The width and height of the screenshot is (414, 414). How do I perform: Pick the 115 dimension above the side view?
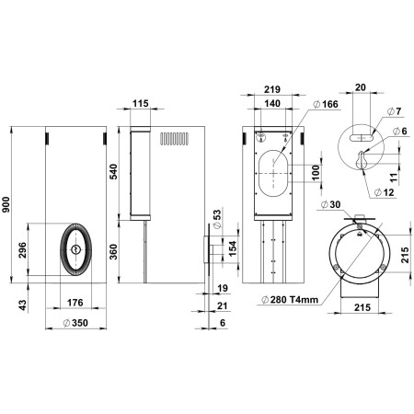139,104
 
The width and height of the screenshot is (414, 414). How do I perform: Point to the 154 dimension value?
231,249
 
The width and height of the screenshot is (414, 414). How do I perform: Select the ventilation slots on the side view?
174,140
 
